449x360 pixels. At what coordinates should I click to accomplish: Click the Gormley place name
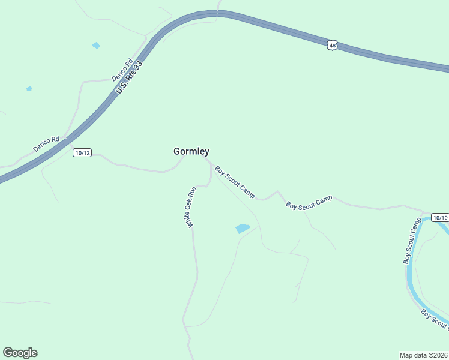(191, 152)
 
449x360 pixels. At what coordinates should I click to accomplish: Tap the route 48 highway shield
(333, 45)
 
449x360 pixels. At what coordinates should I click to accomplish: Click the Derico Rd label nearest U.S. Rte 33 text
(121, 70)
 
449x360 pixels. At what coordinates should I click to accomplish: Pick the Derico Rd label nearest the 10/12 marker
(46, 144)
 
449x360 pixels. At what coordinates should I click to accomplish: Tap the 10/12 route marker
(82, 153)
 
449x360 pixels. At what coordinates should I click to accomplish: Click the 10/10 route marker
(440, 217)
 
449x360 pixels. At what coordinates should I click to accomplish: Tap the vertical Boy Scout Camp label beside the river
(412, 241)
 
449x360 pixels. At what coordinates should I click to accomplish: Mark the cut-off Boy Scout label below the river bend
(435, 320)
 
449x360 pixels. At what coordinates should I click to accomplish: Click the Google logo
(20, 353)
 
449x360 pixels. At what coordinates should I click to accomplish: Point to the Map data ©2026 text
(423, 354)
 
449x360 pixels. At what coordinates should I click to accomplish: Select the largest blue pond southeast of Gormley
(243, 229)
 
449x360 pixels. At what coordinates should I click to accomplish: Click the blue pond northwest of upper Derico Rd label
(95, 46)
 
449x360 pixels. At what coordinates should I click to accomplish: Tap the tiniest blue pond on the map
(29, 89)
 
